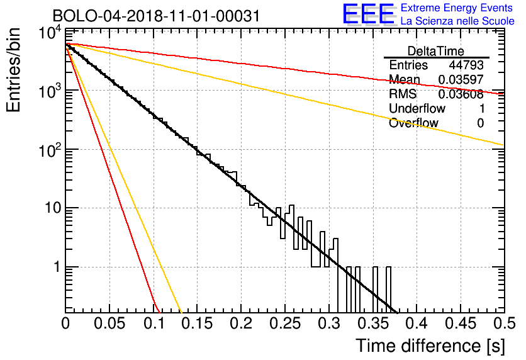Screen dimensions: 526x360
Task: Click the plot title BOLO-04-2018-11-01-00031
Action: pyautogui.click(x=156, y=16)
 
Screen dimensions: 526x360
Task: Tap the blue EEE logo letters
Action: pyautogui.click(x=368, y=14)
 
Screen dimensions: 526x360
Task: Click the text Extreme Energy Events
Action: pyautogui.click(x=457, y=8)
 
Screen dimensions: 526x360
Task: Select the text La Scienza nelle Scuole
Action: pyautogui.click(x=457, y=21)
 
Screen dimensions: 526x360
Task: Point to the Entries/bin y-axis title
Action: pyautogui.click(x=14, y=70)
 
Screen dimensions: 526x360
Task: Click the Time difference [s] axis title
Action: pyautogui.click(x=430, y=346)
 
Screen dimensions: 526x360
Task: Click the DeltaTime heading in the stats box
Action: pyautogui.click(x=436, y=51)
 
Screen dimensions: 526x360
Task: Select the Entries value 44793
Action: pyautogui.click(x=466, y=65)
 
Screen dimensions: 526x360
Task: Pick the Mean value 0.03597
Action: pyautogui.click(x=461, y=79)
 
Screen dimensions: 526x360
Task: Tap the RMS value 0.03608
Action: pyautogui.click(x=461, y=94)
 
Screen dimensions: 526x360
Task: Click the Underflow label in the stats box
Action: pyautogui.click(x=417, y=108)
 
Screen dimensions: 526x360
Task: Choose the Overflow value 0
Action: pyautogui.click(x=480, y=123)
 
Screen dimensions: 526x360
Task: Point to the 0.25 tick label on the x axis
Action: pyautogui.click(x=285, y=323)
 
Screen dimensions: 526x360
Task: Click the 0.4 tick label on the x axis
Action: pyautogui.click(x=417, y=323)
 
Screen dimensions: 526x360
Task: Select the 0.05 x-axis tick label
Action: pyautogui.click(x=109, y=323)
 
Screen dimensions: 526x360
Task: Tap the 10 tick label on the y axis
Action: pyautogui.click(x=53, y=208)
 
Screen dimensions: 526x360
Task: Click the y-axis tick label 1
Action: pyautogui.click(x=57, y=267)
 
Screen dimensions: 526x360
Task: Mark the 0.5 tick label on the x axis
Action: pyautogui.click(x=505, y=323)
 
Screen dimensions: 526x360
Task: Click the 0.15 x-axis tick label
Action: pyautogui.click(x=198, y=323)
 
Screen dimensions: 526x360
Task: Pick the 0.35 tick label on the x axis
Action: pyautogui.click(x=372, y=323)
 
